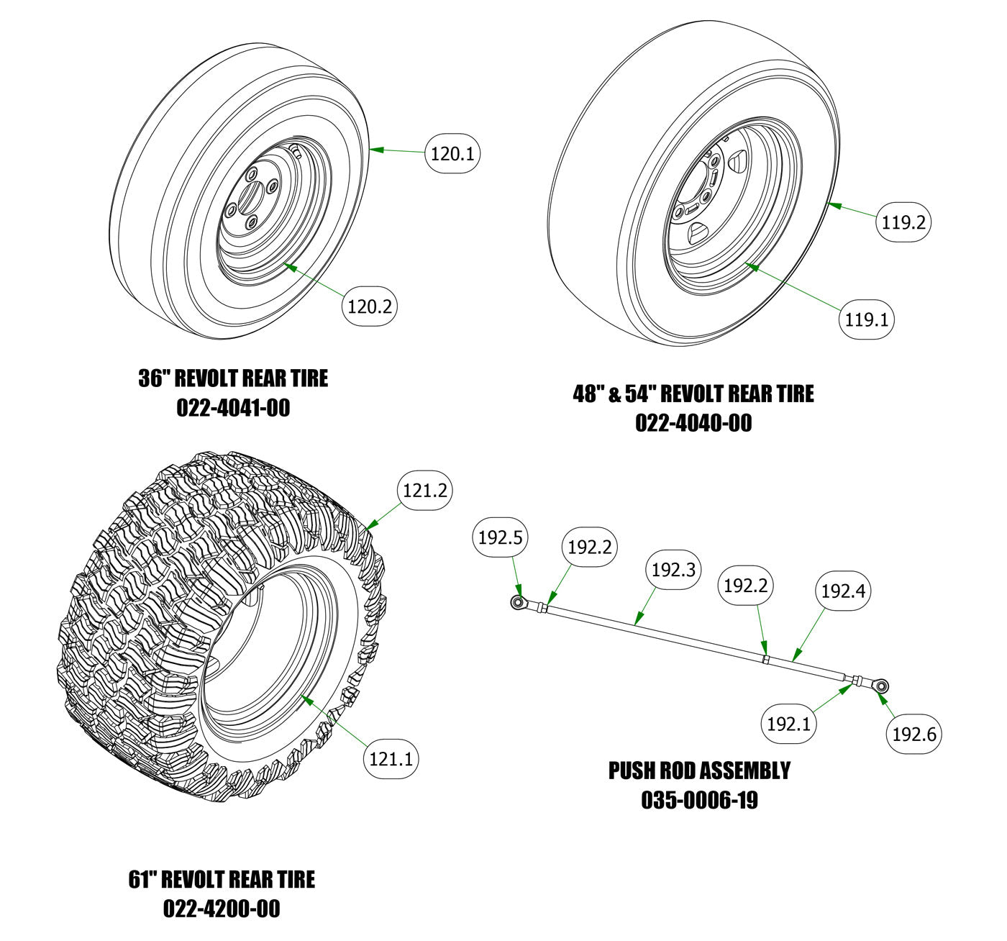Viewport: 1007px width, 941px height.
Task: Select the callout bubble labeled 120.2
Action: click(369, 306)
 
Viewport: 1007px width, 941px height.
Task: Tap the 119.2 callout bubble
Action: click(903, 222)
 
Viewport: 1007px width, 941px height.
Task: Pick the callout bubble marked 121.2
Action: click(424, 491)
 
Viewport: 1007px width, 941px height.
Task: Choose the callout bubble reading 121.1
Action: click(391, 759)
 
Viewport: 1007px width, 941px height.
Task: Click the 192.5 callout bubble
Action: click(500, 537)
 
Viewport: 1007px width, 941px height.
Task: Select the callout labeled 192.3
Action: click(673, 570)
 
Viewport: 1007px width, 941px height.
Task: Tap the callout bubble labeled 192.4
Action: click(843, 591)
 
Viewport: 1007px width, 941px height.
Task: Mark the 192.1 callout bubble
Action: click(788, 723)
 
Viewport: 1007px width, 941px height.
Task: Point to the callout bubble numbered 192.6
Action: click(913, 734)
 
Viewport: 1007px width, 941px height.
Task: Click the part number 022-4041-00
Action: click(233, 408)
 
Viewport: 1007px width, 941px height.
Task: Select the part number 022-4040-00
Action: click(693, 423)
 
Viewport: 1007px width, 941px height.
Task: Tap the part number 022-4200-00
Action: click(222, 909)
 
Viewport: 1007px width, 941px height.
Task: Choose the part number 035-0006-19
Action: click(699, 800)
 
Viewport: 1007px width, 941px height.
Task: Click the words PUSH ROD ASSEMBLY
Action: click(699, 770)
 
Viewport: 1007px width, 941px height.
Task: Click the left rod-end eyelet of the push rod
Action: click(516, 601)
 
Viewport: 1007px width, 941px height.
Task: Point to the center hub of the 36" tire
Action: click(250, 196)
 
